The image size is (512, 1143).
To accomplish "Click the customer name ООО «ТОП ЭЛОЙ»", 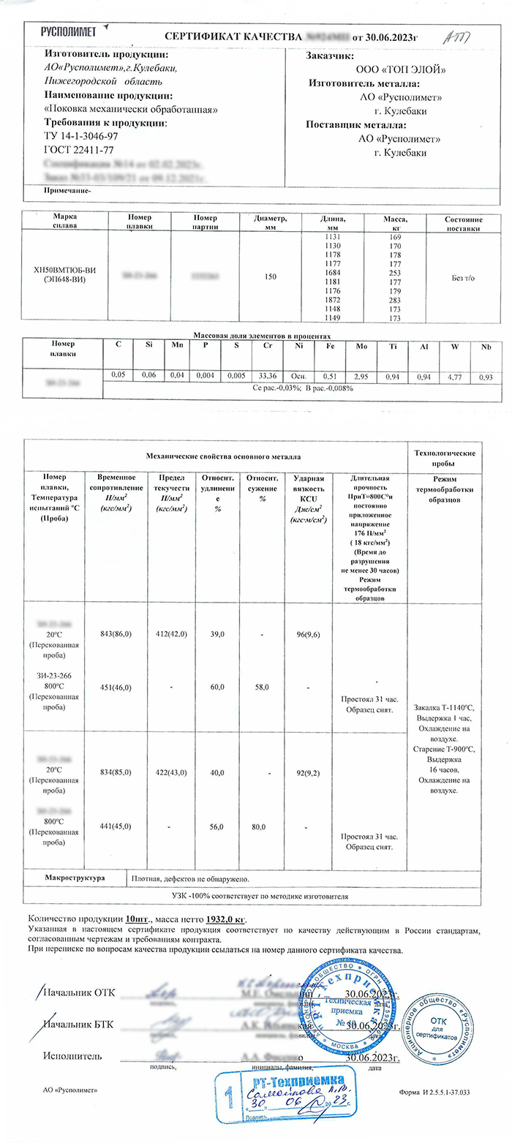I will click(x=400, y=69).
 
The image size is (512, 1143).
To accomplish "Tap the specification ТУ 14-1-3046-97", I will click(x=80, y=136).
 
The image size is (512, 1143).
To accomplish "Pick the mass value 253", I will click(x=396, y=269).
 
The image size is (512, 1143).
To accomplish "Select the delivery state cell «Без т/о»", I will click(x=453, y=277).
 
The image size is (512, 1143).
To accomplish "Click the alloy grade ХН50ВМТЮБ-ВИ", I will click(x=65, y=272).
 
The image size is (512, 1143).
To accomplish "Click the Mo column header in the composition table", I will click(x=361, y=347).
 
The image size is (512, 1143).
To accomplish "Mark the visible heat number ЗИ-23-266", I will click(x=61, y=677).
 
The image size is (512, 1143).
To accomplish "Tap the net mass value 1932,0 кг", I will click(x=225, y=918).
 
